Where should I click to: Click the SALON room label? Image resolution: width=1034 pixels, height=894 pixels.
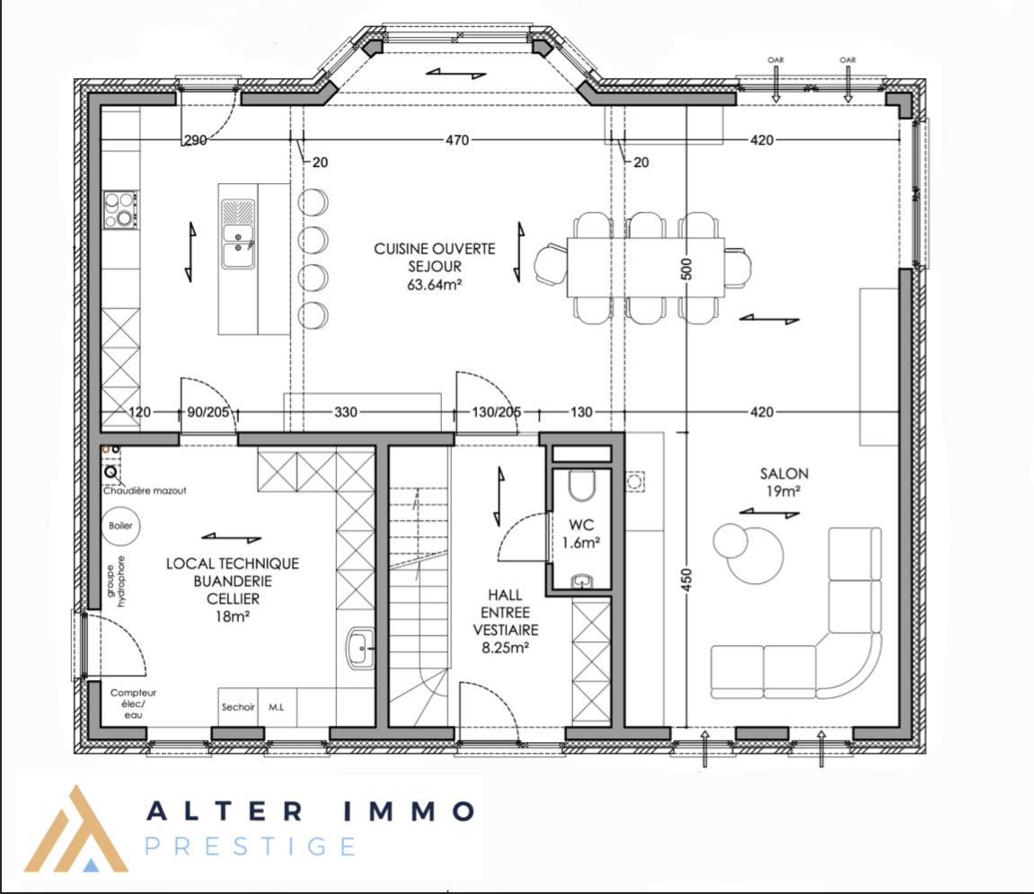point(783,474)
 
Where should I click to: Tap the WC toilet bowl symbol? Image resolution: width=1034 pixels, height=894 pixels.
point(581,485)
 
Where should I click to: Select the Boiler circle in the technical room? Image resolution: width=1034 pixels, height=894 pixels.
point(120,526)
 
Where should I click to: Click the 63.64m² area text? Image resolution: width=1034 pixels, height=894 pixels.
point(434,285)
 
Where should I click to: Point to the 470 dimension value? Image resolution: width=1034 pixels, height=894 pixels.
point(457,140)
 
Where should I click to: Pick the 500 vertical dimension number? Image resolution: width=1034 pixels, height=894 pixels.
point(686,270)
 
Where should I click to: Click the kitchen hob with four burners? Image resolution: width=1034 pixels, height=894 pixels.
point(120,210)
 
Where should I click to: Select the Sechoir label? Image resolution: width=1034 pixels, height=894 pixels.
point(238,707)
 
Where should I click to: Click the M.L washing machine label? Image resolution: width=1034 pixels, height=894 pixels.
point(277,707)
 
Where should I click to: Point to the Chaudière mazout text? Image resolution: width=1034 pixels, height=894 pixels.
point(145,491)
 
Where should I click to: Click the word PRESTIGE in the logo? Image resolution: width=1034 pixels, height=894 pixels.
point(251,846)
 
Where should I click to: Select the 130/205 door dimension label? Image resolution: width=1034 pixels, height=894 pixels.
point(497,412)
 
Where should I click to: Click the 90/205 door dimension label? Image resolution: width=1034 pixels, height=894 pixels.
point(208,412)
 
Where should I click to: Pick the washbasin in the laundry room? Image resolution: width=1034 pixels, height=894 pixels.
point(360,648)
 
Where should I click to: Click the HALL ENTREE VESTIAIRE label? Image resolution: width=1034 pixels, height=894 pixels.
point(505,622)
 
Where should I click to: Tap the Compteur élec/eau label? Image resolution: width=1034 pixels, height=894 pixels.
point(133,704)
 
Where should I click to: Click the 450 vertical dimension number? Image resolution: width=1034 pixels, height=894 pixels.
point(686,580)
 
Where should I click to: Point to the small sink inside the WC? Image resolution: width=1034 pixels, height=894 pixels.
point(581,580)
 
